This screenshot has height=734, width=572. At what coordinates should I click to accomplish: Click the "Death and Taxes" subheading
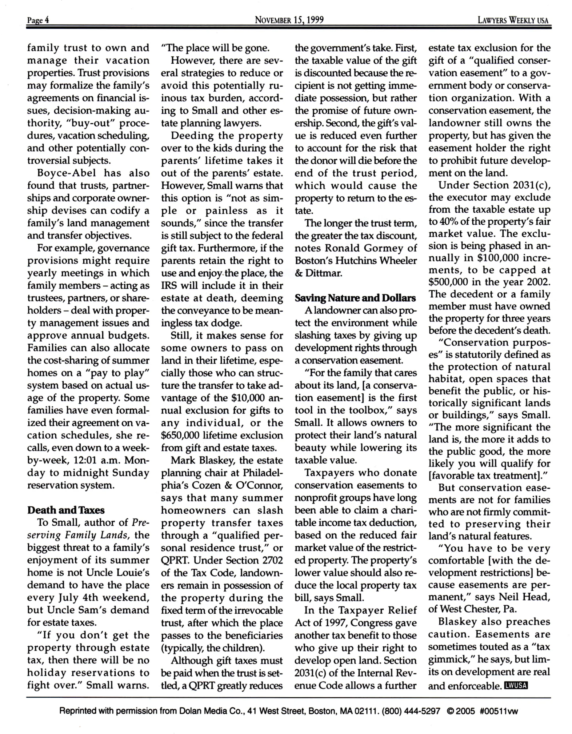coord(66,510)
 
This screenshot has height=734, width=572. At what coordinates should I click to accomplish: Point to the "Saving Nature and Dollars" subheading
coord(355,298)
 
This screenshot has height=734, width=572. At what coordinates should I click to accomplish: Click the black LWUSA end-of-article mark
coord(516,686)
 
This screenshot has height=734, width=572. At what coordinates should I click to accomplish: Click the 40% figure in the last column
coord(450,221)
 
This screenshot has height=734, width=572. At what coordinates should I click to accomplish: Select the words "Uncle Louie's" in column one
coord(117,573)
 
